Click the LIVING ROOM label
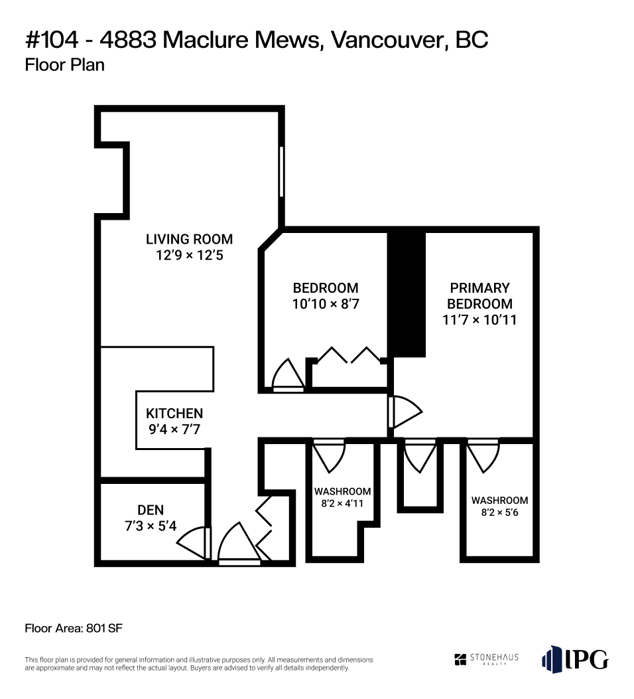(189, 240)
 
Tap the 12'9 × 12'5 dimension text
(189, 256)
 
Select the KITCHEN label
(174, 414)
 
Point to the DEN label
(151, 510)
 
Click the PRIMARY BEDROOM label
(479, 296)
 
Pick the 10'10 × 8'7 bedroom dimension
(326, 304)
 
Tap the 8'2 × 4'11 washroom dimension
(342, 504)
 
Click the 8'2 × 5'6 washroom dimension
(499, 512)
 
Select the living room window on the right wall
(281, 172)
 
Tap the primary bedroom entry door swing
(405, 412)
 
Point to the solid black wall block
(406, 294)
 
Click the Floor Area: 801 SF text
(74, 629)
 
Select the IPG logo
(575, 659)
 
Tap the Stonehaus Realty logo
(486, 659)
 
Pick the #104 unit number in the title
(52, 40)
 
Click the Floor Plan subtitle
(64, 65)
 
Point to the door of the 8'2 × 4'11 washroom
(329, 456)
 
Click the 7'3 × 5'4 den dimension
(151, 526)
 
